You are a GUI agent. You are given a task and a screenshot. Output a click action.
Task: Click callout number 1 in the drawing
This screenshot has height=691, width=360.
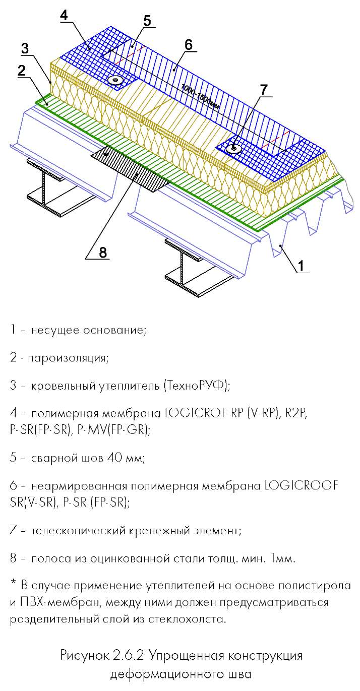(301, 265)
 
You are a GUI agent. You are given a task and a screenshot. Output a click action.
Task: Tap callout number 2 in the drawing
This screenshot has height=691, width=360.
(22, 71)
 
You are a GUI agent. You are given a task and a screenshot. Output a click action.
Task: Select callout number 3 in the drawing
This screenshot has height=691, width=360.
(25, 48)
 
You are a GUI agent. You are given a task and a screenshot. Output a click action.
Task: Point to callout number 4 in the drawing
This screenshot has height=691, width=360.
(64, 15)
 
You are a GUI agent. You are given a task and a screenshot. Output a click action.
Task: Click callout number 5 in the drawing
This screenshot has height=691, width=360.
(147, 21)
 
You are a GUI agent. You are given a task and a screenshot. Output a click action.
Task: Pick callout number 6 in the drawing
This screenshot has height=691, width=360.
(189, 45)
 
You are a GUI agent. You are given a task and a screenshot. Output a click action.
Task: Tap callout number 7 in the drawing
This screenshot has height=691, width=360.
(264, 90)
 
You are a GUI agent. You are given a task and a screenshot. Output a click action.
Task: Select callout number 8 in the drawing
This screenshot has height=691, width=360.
(103, 253)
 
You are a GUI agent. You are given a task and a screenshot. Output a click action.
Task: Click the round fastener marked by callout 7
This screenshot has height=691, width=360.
(234, 149)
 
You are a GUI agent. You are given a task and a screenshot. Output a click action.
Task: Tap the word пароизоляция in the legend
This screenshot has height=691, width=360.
(68, 358)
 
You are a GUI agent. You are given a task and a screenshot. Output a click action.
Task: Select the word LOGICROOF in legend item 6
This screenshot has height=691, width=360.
(302, 485)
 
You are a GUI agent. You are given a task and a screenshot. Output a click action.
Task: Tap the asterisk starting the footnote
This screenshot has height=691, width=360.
(13, 582)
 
